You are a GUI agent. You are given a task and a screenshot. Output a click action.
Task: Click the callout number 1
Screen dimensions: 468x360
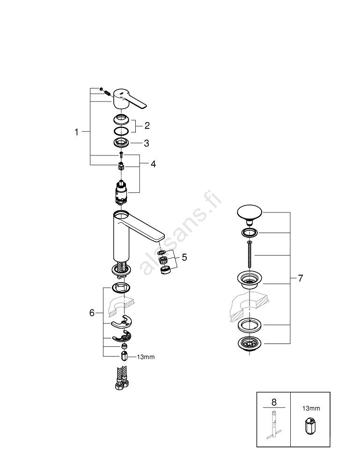pyautogui.click(x=77, y=132)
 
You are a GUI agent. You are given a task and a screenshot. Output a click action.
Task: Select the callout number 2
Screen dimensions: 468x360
pyautogui.click(x=147, y=125)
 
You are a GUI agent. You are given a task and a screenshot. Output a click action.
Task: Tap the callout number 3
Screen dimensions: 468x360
pyautogui.click(x=147, y=143)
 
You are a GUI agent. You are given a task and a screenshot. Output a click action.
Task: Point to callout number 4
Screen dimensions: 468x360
pyautogui.click(x=153, y=164)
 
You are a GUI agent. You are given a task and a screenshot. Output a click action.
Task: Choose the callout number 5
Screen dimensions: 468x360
pyautogui.click(x=184, y=257)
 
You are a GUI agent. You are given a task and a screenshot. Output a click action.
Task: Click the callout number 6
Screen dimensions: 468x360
pyautogui.click(x=92, y=313)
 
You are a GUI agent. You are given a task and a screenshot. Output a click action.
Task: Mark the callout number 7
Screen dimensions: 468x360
pyautogui.click(x=300, y=278)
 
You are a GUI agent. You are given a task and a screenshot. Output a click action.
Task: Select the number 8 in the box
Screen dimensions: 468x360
pyautogui.click(x=274, y=402)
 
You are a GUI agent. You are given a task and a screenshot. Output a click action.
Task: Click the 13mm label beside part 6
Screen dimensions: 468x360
pyautogui.click(x=145, y=357)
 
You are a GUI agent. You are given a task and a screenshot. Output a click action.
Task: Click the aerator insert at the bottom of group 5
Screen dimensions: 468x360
pyautogui.click(x=165, y=271)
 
